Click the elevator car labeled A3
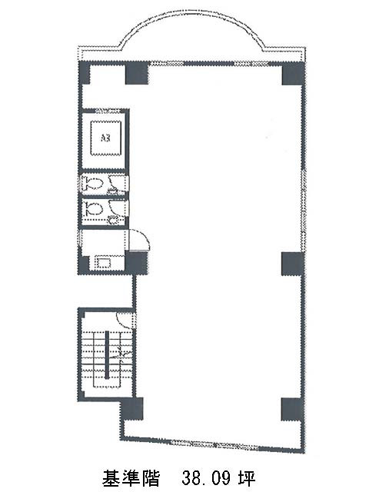coord(106,138)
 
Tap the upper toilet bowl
coord(91,183)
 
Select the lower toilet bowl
coord(91,208)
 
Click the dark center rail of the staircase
coord(107,354)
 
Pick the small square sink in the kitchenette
coord(102,262)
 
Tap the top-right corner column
coord(293,74)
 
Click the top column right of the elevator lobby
coord(137,74)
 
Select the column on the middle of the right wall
coord(292,264)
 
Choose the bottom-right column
coord(292,409)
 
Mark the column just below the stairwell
coord(132,408)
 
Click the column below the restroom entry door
coord(137,263)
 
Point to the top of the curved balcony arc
coord(192,11)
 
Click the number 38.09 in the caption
coord(205,477)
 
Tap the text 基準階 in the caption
coord(131,477)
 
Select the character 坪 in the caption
coord(246,477)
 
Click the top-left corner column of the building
coord(84,73)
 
